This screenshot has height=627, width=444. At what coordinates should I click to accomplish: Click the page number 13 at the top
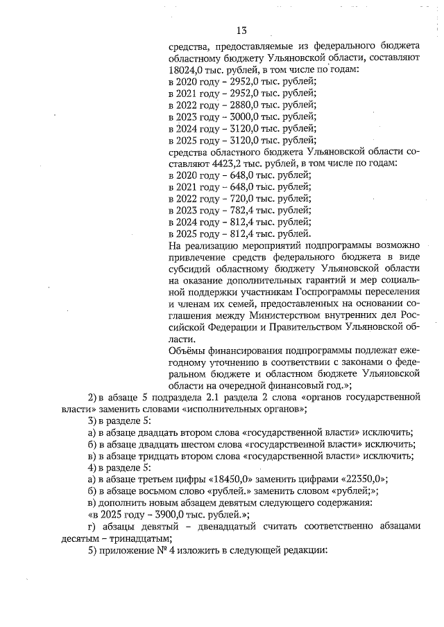[x=241, y=30]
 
